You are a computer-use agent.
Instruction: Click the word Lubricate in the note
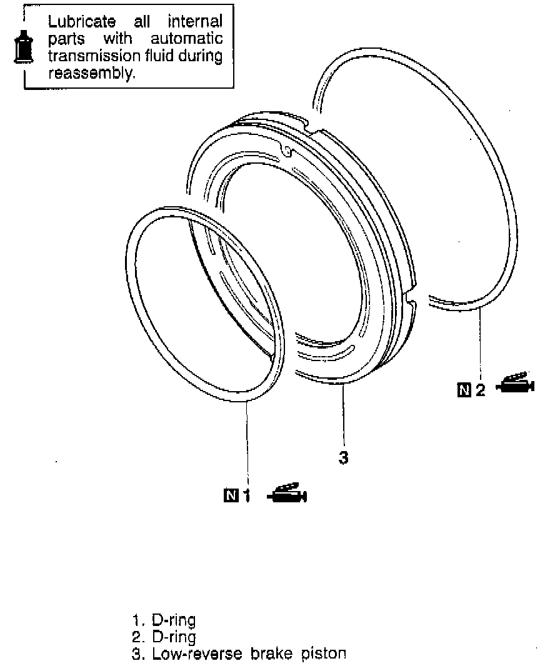81,22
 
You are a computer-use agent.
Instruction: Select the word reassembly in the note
91,73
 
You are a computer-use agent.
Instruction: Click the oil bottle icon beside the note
23,46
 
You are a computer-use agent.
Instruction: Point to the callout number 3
342,457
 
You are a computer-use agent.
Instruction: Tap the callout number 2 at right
480,391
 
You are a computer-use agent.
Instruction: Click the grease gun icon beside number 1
287,494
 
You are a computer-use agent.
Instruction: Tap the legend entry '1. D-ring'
164,620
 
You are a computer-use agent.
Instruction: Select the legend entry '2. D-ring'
164,637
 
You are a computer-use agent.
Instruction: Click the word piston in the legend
324,654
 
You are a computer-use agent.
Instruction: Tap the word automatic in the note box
187,39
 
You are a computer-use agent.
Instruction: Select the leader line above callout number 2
480,344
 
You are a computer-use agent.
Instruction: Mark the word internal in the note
196,22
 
